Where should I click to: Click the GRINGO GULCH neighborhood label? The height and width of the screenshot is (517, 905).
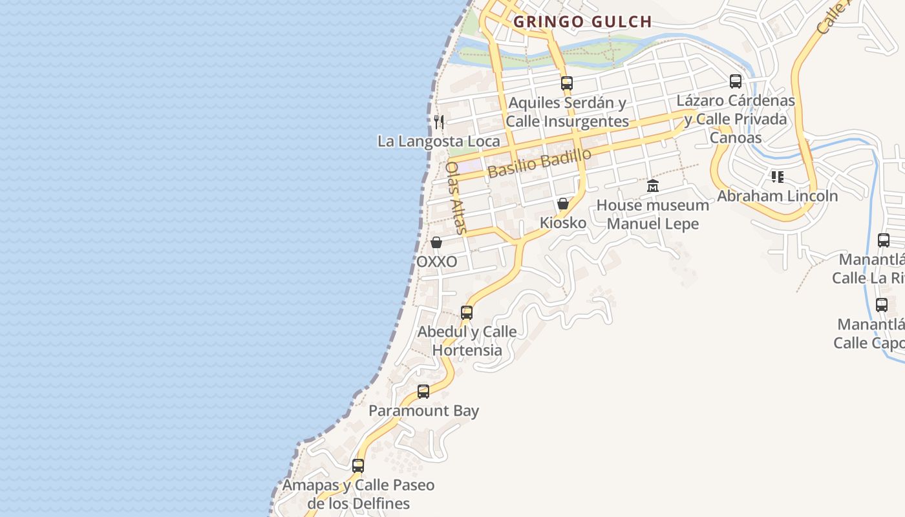click(582, 22)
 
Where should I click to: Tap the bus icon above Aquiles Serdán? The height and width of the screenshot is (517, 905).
click(567, 83)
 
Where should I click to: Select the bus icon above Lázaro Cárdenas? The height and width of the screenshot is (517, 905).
click(736, 81)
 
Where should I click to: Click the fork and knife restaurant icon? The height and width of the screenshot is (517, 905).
click(439, 121)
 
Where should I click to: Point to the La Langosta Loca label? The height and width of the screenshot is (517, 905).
click(438, 141)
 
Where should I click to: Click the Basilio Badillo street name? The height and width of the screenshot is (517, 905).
click(540, 163)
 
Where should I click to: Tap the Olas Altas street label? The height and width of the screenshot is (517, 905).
click(455, 197)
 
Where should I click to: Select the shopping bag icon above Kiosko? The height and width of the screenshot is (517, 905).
click(563, 204)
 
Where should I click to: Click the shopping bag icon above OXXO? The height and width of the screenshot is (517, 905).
click(436, 242)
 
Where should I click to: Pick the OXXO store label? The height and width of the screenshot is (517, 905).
click(436, 262)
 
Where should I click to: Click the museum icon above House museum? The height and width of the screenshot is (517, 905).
click(653, 186)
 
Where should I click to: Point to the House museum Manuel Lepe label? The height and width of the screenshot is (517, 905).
click(653, 215)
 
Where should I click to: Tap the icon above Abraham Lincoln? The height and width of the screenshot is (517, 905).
click(778, 176)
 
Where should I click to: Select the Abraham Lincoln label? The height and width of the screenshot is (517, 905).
click(778, 196)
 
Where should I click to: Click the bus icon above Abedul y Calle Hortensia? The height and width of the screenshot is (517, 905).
click(467, 313)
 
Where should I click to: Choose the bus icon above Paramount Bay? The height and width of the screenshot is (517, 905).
click(423, 391)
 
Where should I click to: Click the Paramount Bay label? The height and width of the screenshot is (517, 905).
click(423, 410)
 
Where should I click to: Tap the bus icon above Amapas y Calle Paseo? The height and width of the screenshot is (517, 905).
click(358, 465)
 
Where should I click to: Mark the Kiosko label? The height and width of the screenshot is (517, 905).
click(563, 223)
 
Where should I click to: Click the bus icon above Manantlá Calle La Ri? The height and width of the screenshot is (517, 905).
click(884, 240)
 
